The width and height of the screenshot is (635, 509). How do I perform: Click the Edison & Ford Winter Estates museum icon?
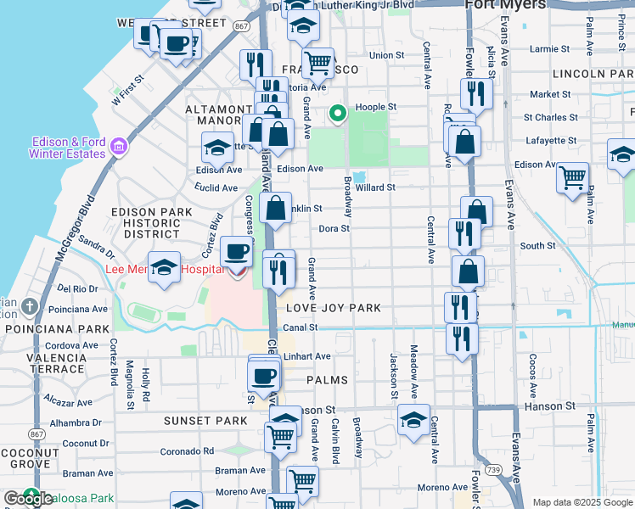(x=118, y=148)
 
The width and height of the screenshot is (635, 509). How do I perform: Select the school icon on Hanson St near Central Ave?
(x=413, y=420)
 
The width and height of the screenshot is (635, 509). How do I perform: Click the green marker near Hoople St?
(x=338, y=113)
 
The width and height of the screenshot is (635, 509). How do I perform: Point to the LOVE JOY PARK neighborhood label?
(x=334, y=308)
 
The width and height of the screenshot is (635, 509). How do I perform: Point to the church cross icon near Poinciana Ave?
(x=31, y=305)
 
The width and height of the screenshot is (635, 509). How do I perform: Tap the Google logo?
(x=27, y=499)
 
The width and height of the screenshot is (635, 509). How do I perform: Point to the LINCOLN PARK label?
(x=596, y=74)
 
